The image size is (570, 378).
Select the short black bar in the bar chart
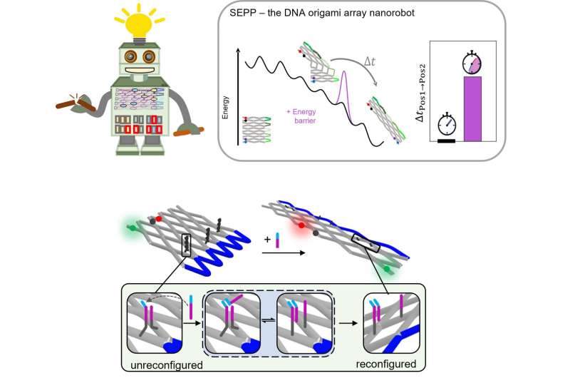[x=446, y=141]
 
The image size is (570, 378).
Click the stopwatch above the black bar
[x=447, y=123]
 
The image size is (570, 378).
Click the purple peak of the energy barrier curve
[x=345, y=75]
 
